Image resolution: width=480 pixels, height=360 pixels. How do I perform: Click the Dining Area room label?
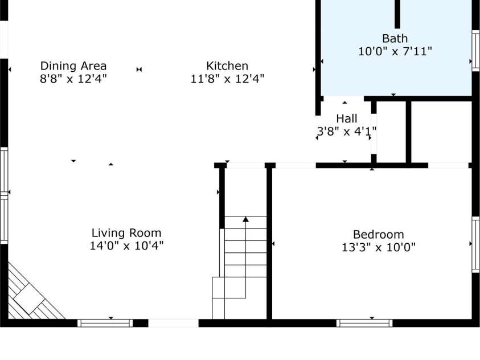pos(73,66)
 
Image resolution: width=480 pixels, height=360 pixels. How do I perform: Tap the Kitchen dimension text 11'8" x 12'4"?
pos(227,79)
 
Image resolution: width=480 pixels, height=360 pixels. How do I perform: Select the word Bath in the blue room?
pos(395,39)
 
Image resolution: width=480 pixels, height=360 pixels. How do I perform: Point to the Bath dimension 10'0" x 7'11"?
pos(395,51)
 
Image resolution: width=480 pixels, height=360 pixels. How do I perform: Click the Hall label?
pos(347,118)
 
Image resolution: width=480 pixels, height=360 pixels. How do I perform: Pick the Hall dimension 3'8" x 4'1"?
pos(347,132)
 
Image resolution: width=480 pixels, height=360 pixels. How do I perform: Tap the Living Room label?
pos(126,233)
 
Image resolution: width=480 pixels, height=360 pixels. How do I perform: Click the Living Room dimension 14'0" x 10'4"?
pos(126,246)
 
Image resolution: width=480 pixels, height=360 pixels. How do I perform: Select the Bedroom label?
pos(379,235)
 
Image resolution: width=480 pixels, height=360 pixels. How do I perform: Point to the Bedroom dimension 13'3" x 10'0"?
pos(379,247)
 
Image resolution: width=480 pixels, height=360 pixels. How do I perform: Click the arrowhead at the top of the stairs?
pos(245,219)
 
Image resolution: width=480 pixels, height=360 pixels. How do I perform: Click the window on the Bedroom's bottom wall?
pos(364,323)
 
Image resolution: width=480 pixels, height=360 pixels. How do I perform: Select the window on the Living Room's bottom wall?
pos(105,323)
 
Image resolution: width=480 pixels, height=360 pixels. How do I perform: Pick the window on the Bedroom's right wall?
pos(475,244)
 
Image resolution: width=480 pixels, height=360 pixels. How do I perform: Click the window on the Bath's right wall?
pos(475,51)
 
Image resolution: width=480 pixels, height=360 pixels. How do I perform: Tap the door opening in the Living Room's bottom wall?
pos(174,323)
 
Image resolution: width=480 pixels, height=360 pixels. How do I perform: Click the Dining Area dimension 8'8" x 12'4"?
pos(73,79)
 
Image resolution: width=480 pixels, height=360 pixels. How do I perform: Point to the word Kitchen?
pos(227,66)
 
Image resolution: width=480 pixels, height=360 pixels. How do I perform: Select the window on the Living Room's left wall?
pos(4,195)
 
